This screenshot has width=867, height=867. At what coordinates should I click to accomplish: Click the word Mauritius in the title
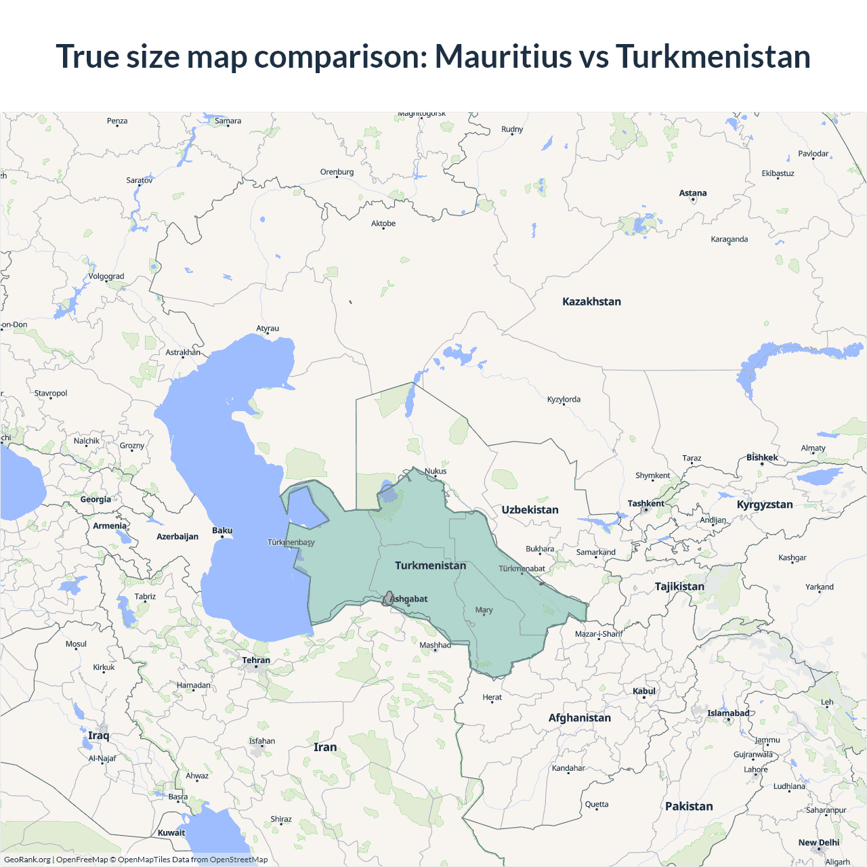click(x=503, y=56)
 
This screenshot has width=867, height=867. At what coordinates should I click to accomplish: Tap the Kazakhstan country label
click(x=591, y=301)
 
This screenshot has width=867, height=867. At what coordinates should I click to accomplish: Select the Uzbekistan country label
click(x=530, y=509)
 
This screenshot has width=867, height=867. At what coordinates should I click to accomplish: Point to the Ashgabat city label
click(x=410, y=599)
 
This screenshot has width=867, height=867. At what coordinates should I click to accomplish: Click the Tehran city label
click(x=256, y=660)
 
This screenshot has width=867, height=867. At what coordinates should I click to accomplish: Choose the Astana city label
click(x=692, y=193)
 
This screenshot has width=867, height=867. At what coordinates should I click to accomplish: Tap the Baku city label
click(x=222, y=530)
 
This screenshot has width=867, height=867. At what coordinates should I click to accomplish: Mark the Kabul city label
click(x=644, y=691)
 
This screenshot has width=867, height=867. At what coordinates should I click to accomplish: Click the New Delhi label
click(x=818, y=843)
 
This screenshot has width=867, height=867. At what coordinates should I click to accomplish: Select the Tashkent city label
click(x=646, y=503)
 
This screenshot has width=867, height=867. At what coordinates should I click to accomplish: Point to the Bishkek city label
click(x=762, y=457)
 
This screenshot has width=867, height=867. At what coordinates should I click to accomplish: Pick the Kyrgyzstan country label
click(x=765, y=505)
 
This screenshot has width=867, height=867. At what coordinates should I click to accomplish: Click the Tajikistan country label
click(x=679, y=587)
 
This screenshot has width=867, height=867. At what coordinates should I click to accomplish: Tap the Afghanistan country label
click(x=579, y=718)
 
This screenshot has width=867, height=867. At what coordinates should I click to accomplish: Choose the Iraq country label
click(x=98, y=736)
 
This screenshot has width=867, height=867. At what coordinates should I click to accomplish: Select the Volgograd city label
click(x=106, y=276)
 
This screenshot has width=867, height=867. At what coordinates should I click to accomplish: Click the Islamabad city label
click(x=728, y=713)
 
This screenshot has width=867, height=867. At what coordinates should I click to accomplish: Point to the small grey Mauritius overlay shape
click(x=388, y=599)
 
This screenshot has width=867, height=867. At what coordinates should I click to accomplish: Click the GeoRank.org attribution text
click(x=27, y=860)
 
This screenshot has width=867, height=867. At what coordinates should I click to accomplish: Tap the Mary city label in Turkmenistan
click(x=484, y=610)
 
